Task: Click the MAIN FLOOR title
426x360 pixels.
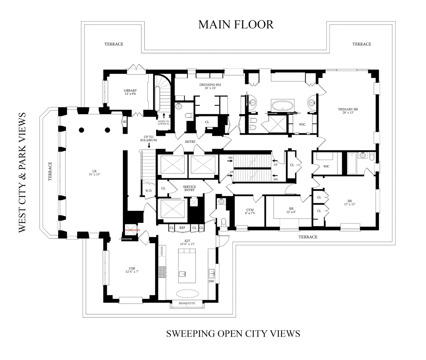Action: point(236,24)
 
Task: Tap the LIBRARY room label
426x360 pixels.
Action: point(130,92)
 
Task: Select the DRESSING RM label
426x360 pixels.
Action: point(210,86)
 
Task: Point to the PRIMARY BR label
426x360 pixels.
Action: point(348,111)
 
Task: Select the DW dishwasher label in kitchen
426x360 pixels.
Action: point(212,281)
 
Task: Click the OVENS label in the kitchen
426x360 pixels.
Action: point(161,250)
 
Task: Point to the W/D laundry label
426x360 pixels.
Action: point(148,190)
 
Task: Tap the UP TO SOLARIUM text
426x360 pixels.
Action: point(148,138)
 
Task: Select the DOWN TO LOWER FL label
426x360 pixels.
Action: point(164,123)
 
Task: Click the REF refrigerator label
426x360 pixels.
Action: point(182,228)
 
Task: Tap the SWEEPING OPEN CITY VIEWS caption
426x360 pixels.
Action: point(233,333)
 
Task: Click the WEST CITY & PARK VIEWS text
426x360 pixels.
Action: point(22,172)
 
